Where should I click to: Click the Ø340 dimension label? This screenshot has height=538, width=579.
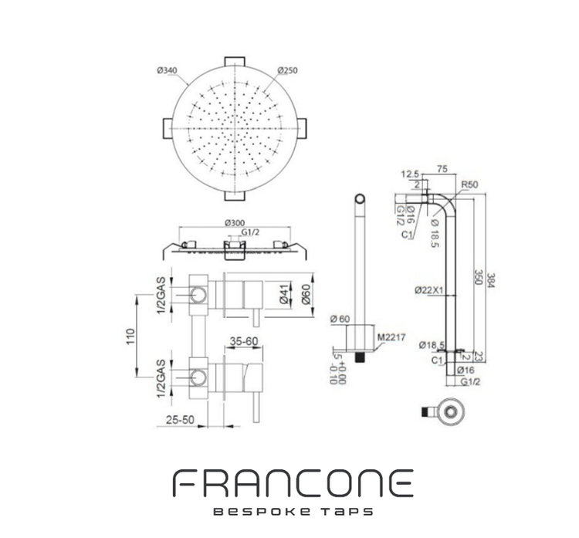(167, 70)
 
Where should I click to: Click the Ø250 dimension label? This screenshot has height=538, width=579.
(289, 70)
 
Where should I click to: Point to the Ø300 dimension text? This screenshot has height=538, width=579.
(235, 222)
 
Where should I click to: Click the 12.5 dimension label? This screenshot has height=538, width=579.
(410, 174)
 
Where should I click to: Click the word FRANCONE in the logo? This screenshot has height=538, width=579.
(292, 485)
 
